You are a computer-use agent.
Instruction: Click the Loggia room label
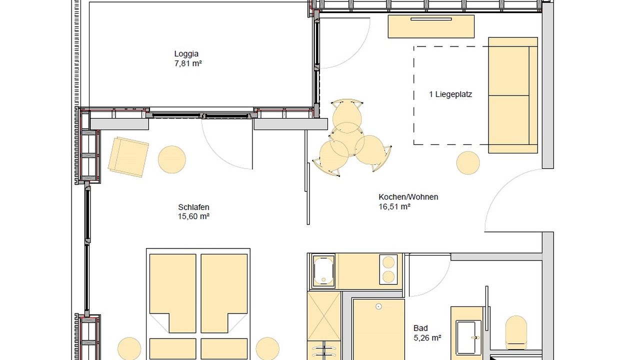pos(186,54)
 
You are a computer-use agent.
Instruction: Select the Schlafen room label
pos(193,207)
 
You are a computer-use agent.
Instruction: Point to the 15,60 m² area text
pos(193,217)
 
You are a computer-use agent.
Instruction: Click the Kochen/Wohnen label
pos(408,197)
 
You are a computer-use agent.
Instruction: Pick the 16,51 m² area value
pos(394,206)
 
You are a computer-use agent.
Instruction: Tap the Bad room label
pos(420,328)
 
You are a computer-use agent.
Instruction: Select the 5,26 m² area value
pos(427,338)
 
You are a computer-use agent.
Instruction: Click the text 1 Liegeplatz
pos(450,94)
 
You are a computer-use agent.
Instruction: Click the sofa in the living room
pos(512,95)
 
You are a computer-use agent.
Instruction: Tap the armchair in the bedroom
pos(128,157)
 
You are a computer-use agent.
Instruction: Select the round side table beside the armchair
pos(172,159)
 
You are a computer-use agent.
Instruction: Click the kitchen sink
pos(323,271)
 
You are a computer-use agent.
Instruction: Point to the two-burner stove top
pos(388,270)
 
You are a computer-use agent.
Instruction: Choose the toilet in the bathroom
pos(516,331)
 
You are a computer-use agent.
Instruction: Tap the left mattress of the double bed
pos(173,292)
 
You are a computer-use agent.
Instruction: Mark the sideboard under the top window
pos(431,26)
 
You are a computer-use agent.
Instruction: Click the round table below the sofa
pos(468,163)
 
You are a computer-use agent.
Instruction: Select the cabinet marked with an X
pos(323,316)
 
